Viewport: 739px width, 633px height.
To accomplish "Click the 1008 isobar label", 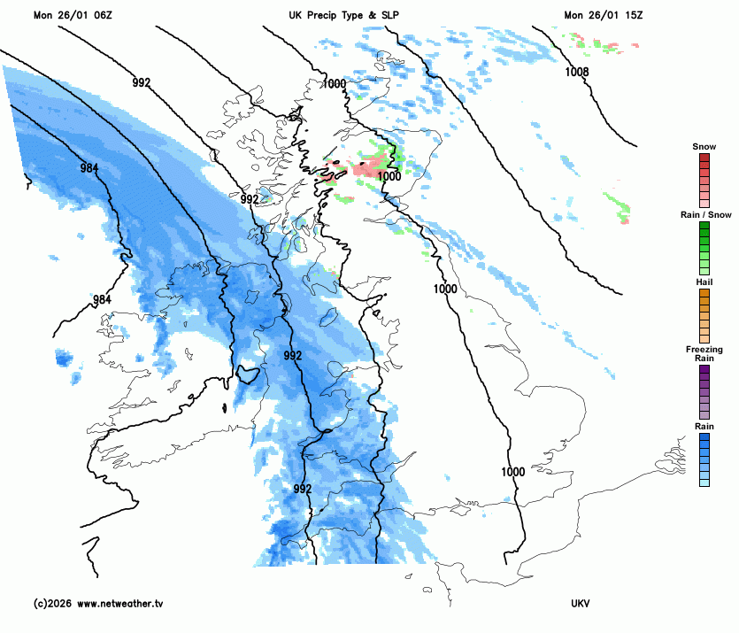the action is click(577, 73).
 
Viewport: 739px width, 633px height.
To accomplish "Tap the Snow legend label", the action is click(704, 146).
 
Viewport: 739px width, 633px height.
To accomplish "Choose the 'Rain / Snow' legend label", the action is click(704, 215).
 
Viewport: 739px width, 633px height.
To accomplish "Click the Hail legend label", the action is click(704, 282).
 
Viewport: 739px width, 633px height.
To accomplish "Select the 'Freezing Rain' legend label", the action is click(704, 354).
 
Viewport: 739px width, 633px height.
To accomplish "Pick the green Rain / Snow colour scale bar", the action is click(704, 247).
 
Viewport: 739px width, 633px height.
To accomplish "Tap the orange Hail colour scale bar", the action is click(704, 315).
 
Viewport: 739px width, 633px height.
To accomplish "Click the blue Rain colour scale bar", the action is click(704, 459).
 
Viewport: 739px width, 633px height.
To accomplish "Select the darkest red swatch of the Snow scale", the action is click(704, 158).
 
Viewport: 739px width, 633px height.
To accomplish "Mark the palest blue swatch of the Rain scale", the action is click(704, 482).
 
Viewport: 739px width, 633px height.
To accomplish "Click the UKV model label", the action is click(581, 604).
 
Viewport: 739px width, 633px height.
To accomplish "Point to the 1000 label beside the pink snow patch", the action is click(389, 176).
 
